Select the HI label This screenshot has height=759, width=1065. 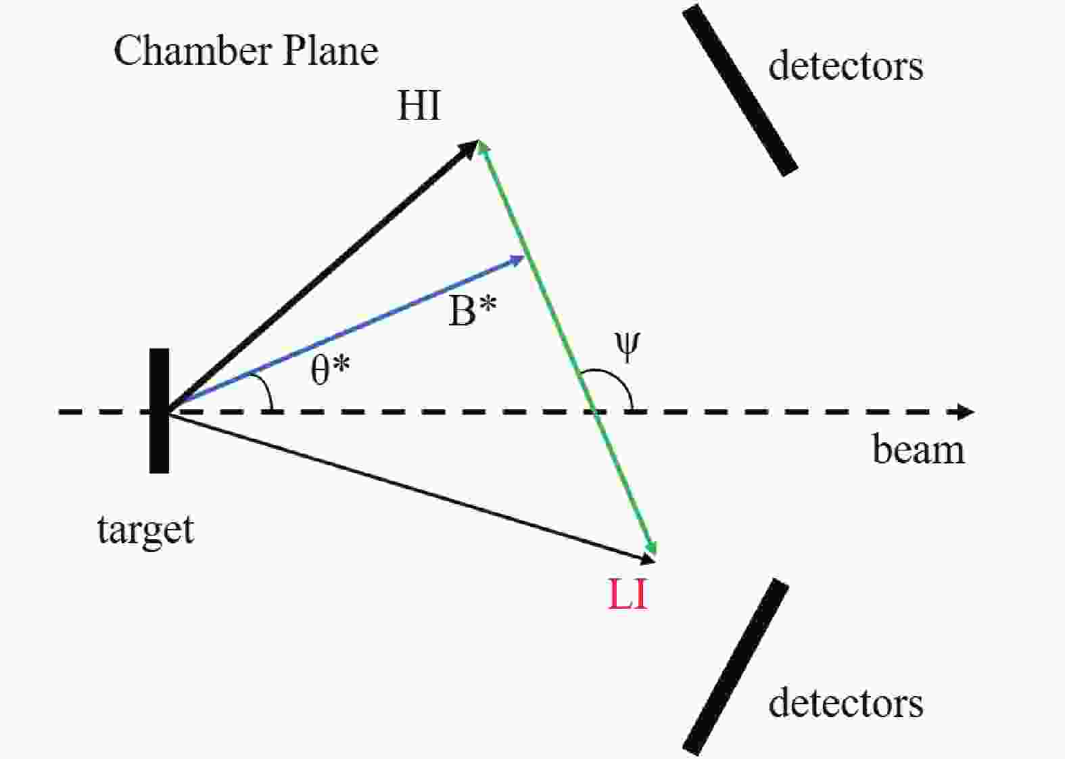pyautogui.click(x=419, y=106)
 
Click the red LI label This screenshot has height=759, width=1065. pyautogui.click(x=628, y=596)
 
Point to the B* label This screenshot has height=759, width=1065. pyautogui.click(x=473, y=312)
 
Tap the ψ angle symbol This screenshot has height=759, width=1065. pyautogui.click(x=627, y=347)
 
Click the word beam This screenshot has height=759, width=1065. pyautogui.click(x=918, y=450)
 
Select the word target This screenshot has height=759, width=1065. pyautogui.click(x=145, y=530)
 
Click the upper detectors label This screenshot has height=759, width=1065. pyautogui.click(x=845, y=66)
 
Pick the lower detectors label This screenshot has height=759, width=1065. pyautogui.click(x=845, y=703)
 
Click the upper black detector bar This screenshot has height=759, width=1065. pyautogui.click(x=740, y=91)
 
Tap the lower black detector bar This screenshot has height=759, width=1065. pyautogui.click(x=736, y=667)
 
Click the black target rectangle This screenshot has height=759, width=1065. pyautogui.click(x=159, y=410)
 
